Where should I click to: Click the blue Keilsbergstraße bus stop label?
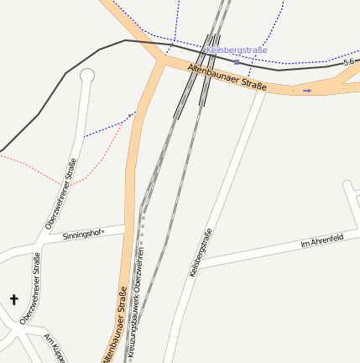[237, 50]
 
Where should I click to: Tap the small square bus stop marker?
[237, 62]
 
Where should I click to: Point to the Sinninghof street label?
[83, 235]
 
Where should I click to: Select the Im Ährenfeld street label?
[322, 244]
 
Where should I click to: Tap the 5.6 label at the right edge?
[349, 63]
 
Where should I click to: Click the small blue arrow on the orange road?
[307, 89]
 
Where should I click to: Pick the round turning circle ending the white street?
[86, 76]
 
